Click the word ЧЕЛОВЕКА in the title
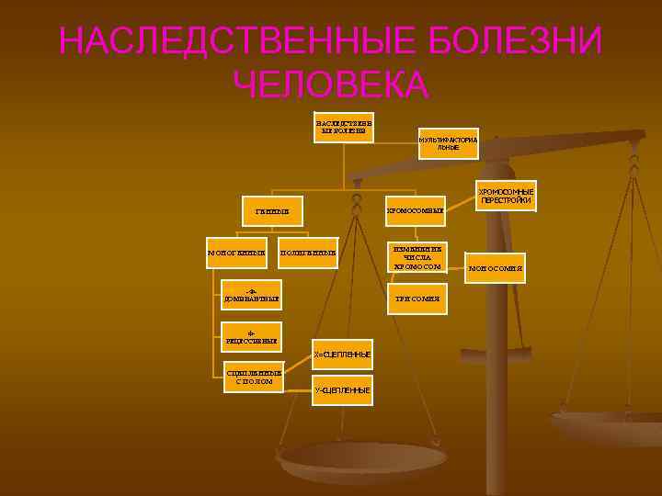[x=331, y=85]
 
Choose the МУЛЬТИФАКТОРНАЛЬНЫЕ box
[x=448, y=143]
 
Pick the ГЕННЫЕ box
[x=272, y=211]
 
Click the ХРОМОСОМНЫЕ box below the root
[x=414, y=211]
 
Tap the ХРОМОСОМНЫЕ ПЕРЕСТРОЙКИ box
[x=505, y=195]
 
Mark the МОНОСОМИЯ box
[x=496, y=268]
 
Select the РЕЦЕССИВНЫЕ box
[x=252, y=336]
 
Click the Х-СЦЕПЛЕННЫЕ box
[x=342, y=354]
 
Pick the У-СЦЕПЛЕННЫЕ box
[x=342, y=390]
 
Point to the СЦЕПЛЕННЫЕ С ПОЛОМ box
[x=254, y=377]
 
